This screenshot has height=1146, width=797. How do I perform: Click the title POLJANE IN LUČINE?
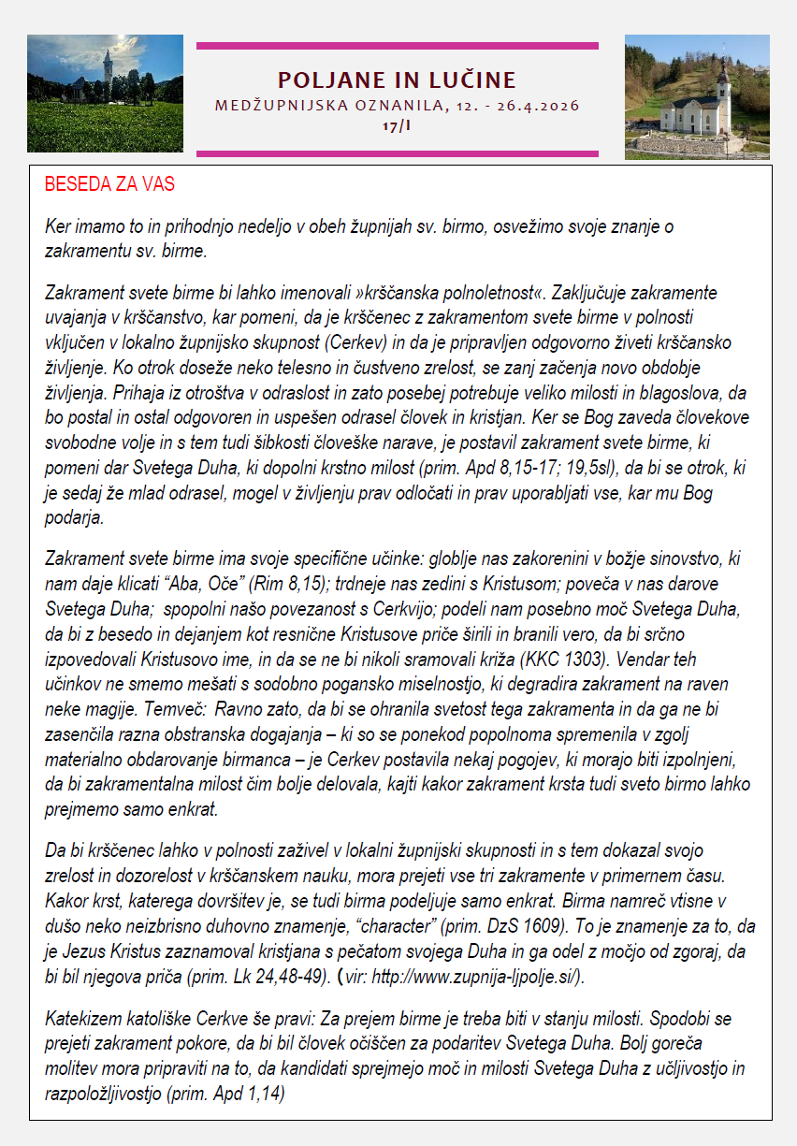397,80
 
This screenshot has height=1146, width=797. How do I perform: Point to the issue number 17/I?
397,124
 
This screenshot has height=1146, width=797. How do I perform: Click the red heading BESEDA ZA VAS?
109,183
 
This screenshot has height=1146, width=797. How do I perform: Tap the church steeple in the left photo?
109,65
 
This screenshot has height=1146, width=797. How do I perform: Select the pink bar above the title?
397,45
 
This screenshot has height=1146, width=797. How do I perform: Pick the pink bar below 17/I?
397,153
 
